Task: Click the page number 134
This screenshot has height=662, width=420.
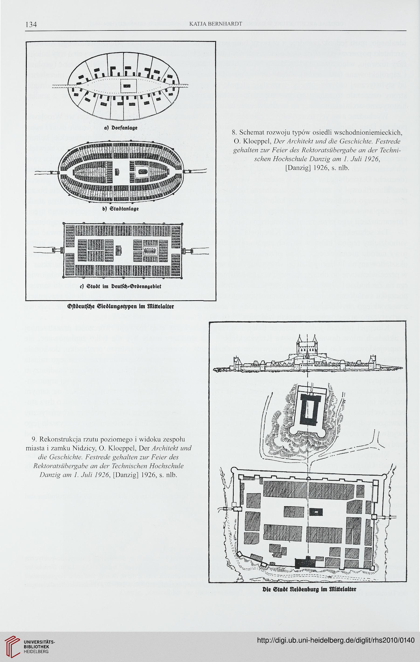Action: click(x=31, y=25)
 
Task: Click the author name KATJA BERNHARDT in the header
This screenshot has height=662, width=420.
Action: click(x=216, y=24)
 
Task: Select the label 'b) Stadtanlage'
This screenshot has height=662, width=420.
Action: click(x=120, y=209)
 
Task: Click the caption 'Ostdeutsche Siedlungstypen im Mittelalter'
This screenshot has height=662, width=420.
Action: click(x=121, y=306)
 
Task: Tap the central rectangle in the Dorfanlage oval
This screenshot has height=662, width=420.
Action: click(x=129, y=86)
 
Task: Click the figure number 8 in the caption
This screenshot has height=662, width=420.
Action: click(x=234, y=133)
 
